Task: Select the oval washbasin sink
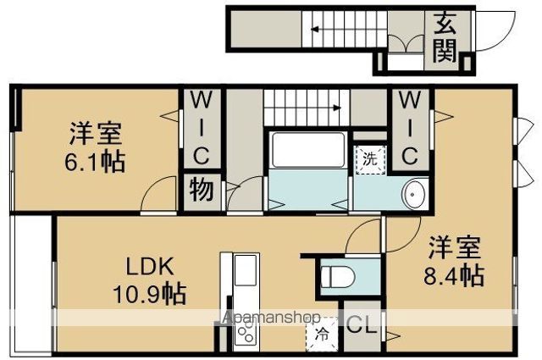click(x=412, y=194)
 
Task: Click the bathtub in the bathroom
click(x=308, y=150)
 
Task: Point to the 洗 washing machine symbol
click(x=371, y=160)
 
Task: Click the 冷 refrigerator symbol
click(x=322, y=335)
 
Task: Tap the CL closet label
click(x=362, y=324)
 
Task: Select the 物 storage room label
click(x=202, y=190)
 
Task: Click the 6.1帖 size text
click(x=95, y=161)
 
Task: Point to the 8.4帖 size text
click(x=454, y=275)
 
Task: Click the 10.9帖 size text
click(x=150, y=294)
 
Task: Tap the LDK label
click(x=149, y=267)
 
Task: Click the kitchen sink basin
click(x=246, y=270)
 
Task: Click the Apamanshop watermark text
click(x=272, y=317)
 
